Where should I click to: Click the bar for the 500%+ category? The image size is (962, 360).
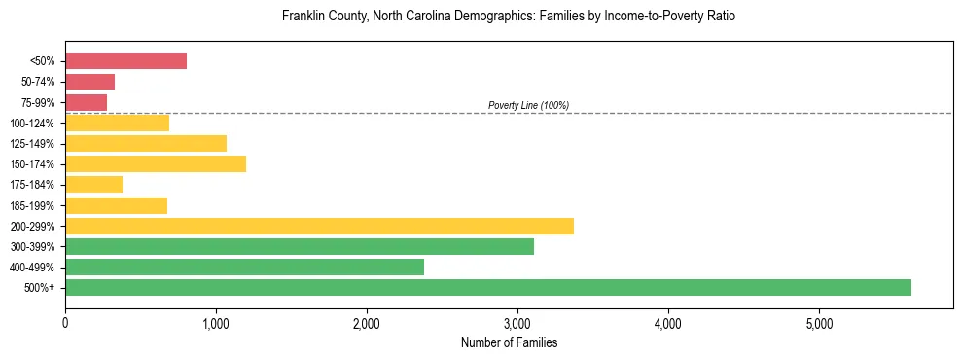pyautogui.click(x=487, y=287)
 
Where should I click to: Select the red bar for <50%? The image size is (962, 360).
pyautogui.click(x=125, y=61)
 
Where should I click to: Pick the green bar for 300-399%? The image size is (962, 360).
pyautogui.click(x=299, y=246)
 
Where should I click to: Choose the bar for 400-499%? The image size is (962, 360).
pyautogui.click(x=244, y=267)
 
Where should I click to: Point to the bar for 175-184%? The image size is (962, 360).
pyautogui.click(x=93, y=184)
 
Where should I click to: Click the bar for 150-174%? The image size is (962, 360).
pyautogui.click(x=156, y=163)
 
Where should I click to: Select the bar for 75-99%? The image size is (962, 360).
pyautogui.click(x=86, y=102)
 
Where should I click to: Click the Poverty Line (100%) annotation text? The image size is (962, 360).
pyautogui.click(x=528, y=105)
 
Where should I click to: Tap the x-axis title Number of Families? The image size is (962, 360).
pyautogui.click(x=509, y=342)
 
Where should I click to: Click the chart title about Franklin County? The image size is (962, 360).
pyautogui.click(x=509, y=17)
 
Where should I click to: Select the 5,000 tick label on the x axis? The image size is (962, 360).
pyautogui.click(x=819, y=323)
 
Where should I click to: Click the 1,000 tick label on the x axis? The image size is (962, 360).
pyautogui.click(x=216, y=323)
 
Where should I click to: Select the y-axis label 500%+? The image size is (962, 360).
pyautogui.click(x=39, y=288)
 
